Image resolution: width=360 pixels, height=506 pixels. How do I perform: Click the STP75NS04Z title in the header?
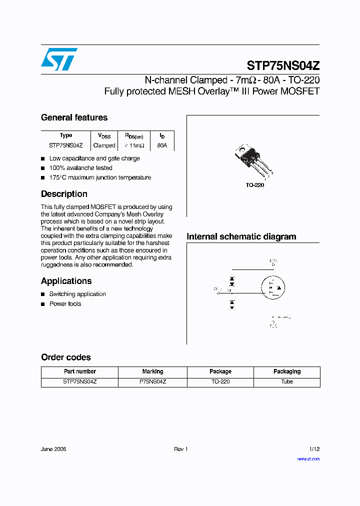283,65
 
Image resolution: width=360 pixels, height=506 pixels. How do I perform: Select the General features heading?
74,117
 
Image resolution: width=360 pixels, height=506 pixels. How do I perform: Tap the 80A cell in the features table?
162,145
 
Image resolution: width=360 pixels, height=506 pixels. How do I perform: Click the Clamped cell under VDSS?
104,145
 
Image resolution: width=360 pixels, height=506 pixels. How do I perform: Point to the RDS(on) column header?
133,135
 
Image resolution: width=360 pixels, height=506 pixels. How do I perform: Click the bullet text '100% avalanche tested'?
80,168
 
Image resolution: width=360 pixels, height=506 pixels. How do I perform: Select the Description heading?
64,194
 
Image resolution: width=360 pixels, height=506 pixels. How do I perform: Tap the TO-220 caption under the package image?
254,185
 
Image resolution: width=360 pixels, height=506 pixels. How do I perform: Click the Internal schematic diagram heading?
241,236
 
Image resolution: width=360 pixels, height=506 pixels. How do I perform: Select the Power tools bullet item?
65,304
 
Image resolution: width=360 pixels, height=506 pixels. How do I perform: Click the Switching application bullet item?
77,294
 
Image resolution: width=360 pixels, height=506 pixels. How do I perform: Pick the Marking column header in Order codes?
152,371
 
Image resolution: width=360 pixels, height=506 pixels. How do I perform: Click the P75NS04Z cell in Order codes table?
152,381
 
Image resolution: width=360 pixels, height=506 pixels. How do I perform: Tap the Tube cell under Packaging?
287,381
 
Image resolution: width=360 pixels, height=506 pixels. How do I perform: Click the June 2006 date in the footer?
53,449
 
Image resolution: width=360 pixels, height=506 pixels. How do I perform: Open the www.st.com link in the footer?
308,458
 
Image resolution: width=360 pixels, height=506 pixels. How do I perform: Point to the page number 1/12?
314,449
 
